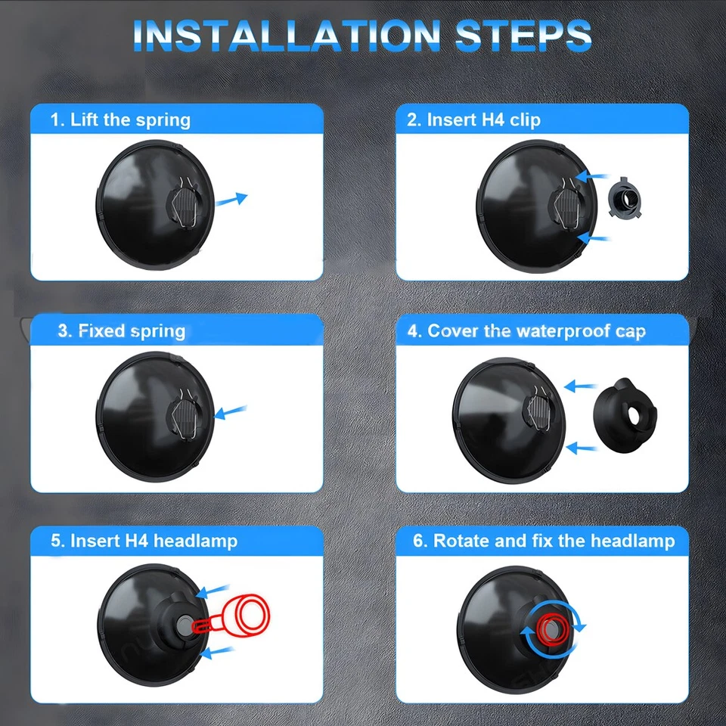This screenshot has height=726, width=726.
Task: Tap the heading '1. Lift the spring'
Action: tap(120, 119)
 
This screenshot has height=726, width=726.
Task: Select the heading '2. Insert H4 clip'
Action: tap(474, 119)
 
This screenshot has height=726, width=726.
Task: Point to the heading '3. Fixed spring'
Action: tap(121, 330)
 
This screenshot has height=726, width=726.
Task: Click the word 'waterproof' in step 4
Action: tap(558, 330)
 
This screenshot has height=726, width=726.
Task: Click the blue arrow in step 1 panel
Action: tap(231, 200)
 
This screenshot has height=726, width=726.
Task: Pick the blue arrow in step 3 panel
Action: tap(232, 412)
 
